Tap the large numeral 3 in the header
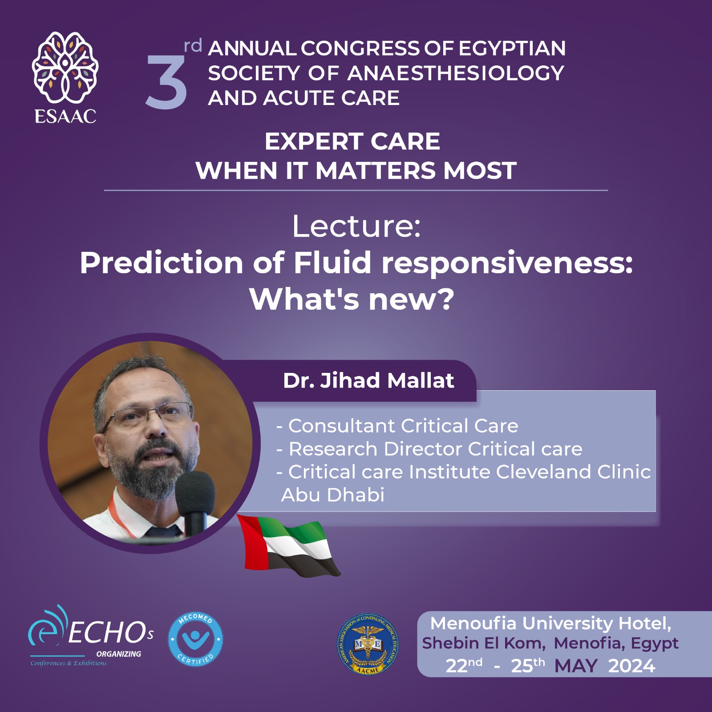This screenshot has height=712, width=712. (166, 83)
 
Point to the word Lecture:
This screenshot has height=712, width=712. (356, 227)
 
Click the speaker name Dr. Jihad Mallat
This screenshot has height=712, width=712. (368, 380)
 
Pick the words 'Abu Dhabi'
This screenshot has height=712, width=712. (333, 495)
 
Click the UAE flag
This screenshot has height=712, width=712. (287, 546)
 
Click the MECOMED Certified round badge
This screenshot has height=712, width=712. (195, 639)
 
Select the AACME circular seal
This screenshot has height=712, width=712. (368, 644)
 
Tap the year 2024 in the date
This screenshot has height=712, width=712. (631, 666)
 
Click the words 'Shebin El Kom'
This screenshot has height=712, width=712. (483, 643)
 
